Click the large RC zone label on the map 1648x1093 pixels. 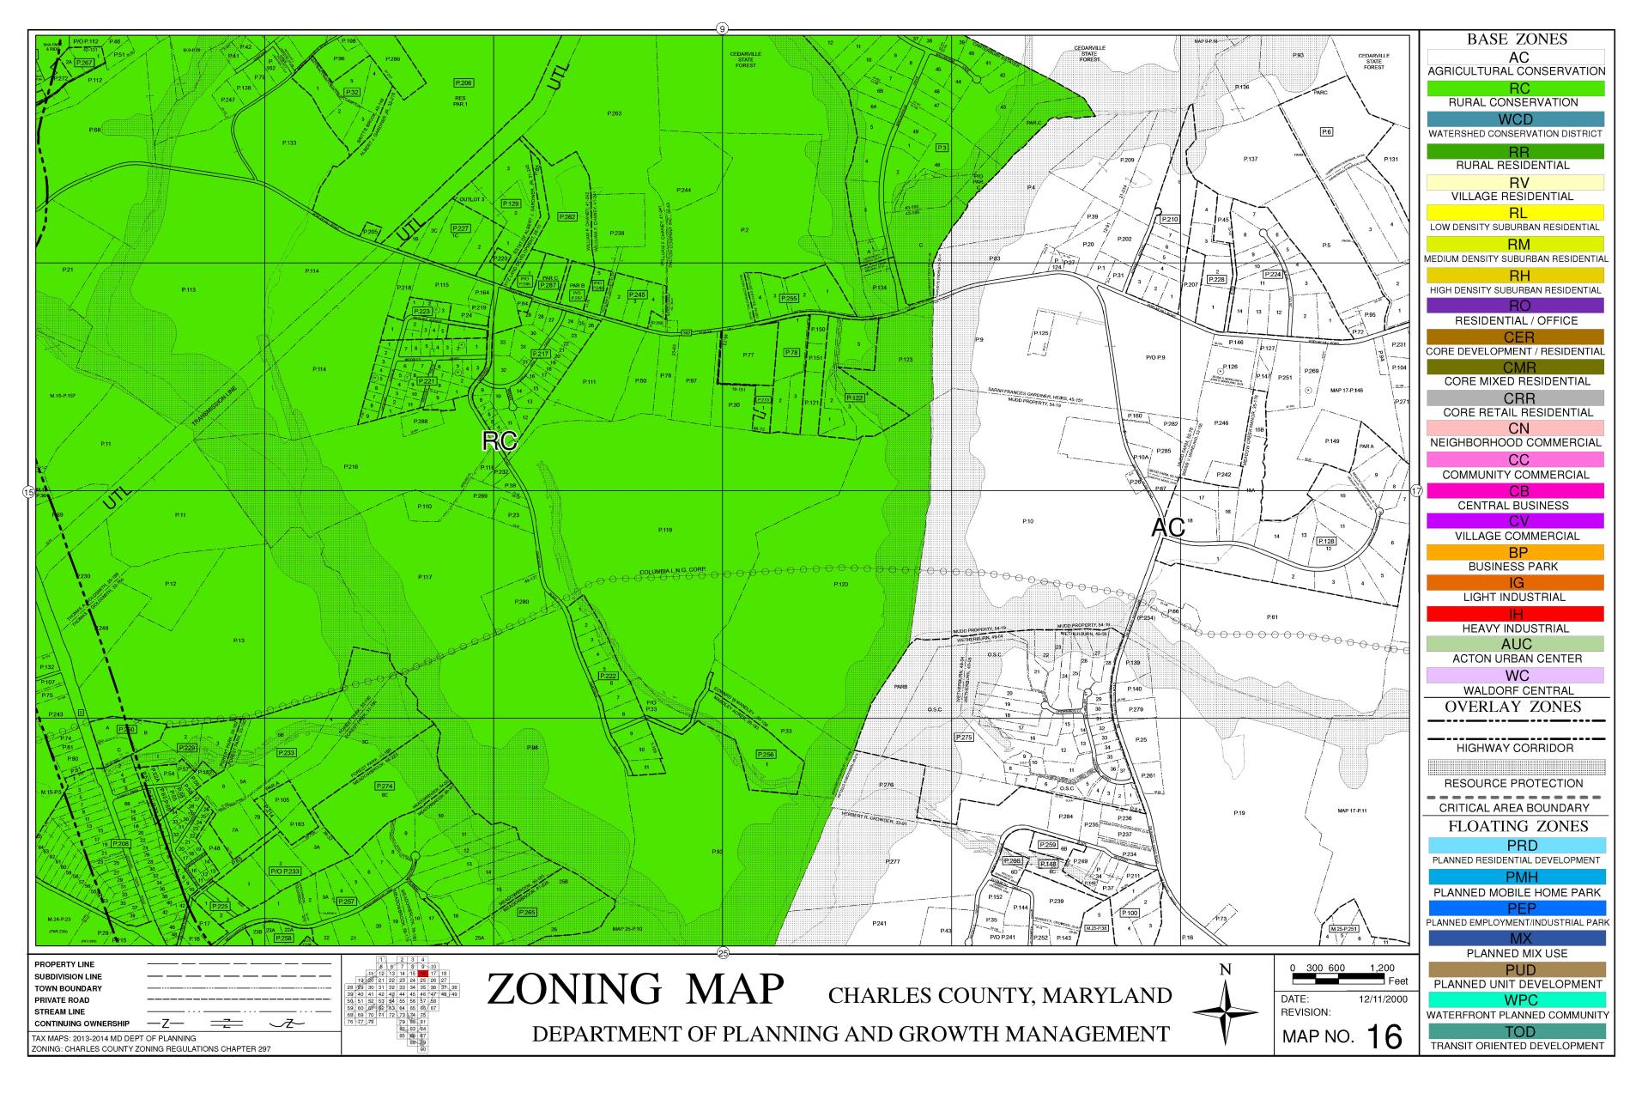point(499,441)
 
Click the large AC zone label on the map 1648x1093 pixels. point(1167,529)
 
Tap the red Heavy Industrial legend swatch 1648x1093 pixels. point(1515,614)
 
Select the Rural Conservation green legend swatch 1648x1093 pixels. point(1515,88)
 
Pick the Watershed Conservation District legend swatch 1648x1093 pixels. point(1515,119)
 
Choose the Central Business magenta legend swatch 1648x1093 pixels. point(1515,491)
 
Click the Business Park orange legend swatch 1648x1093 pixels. point(1515,553)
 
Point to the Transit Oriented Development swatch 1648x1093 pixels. point(1515,1031)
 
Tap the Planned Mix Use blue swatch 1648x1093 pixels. point(1515,938)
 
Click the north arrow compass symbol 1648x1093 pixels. point(1225,1012)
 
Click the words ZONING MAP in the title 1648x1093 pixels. point(635,989)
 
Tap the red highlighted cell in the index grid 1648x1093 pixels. point(423,974)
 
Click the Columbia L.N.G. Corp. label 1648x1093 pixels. point(672,571)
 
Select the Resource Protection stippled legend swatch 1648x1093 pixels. point(1515,766)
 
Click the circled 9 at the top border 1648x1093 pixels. point(722,29)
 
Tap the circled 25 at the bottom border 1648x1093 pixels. point(723,953)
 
